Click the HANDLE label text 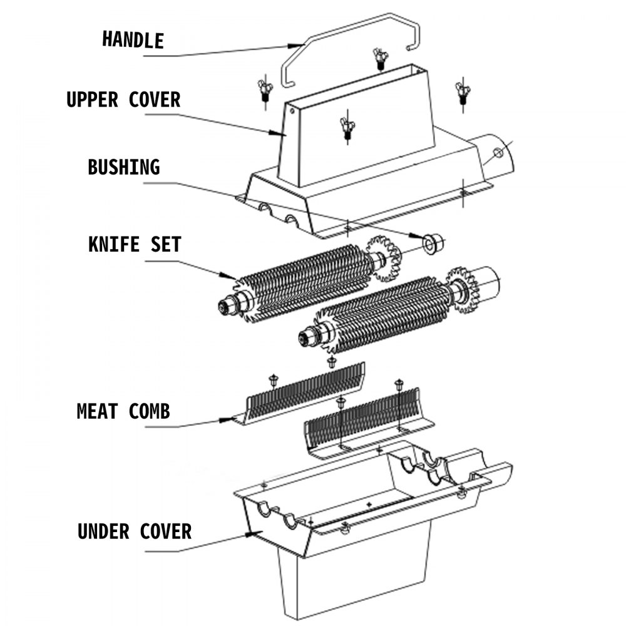pyautogui.click(x=133, y=39)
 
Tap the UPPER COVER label pyautogui.click(x=123, y=100)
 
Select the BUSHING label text pyautogui.click(x=123, y=168)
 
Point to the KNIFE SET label pyautogui.click(x=135, y=244)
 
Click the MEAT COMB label pyautogui.click(x=123, y=411)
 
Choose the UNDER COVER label pyautogui.click(x=135, y=531)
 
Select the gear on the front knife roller pyautogui.click(x=463, y=289)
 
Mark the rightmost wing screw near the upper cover pyautogui.click(x=463, y=92)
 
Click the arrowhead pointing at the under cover pyautogui.click(x=253, y=533)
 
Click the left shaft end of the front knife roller pyautogui.click(x=306, y=339)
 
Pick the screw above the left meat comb pyautogui.click(x=273, y=379)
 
